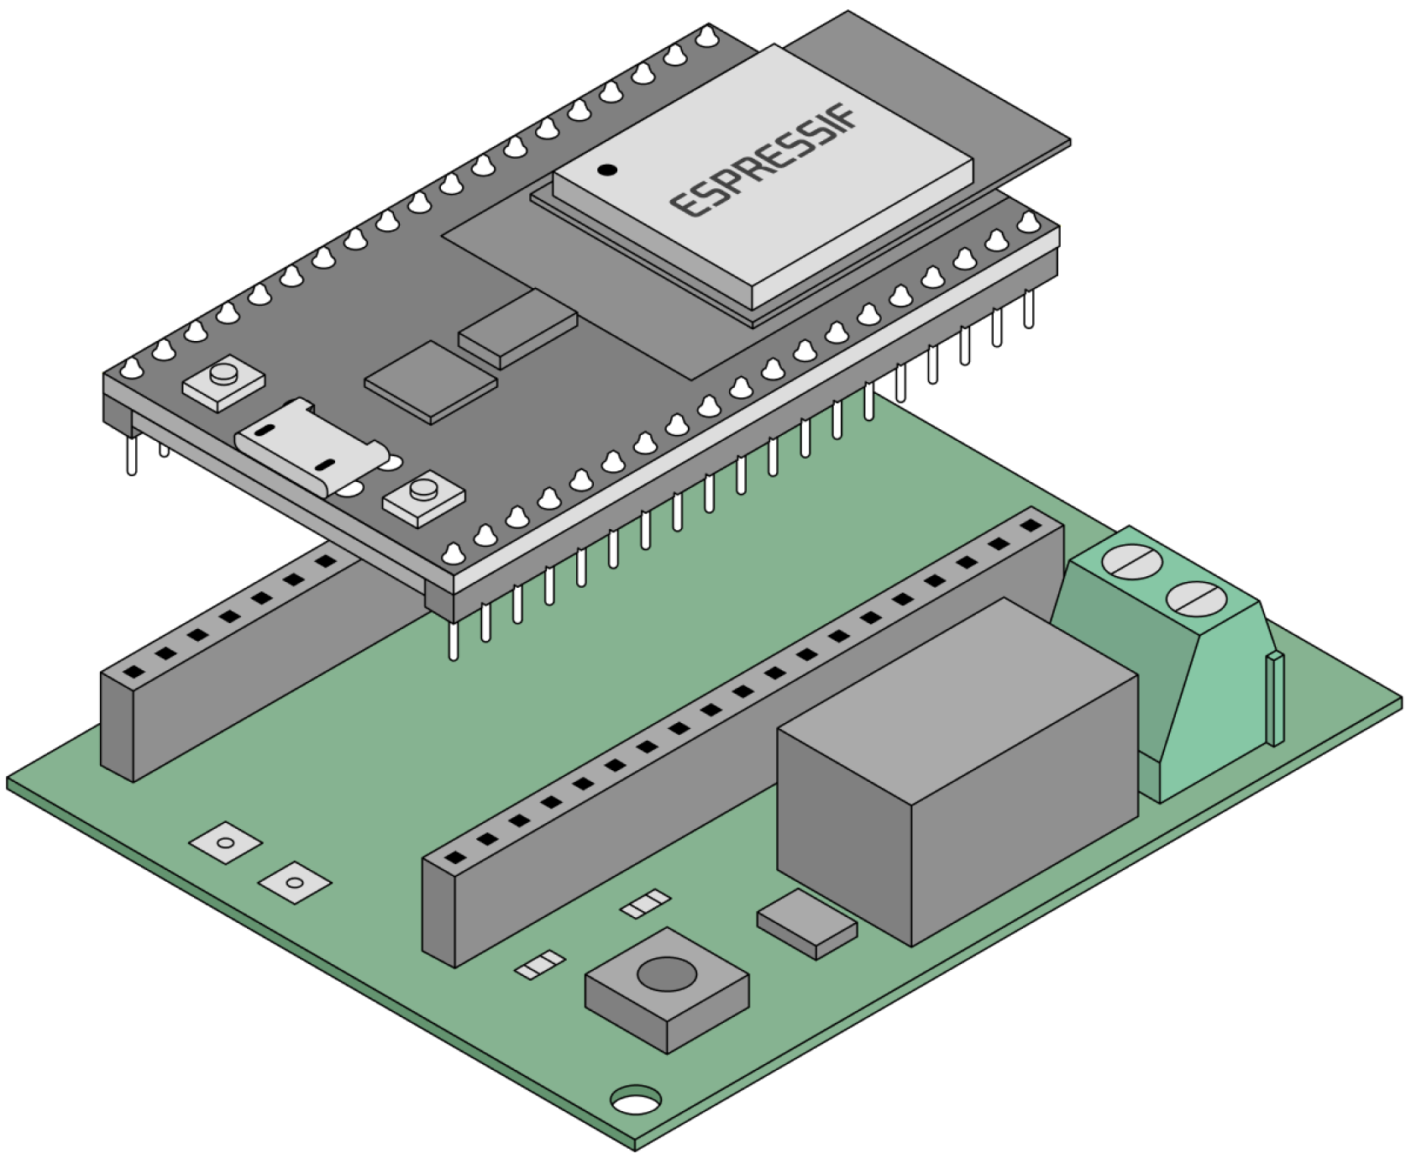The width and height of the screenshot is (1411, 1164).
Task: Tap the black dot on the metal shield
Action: pyautogui.click(x=607, y=170)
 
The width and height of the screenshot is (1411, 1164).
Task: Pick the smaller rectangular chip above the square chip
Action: pyautogui.click(x=518, y=328)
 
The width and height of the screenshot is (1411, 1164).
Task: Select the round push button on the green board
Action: pyautogui.click(x=667, y=974)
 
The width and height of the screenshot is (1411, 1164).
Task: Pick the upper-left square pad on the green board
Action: pyautogui.click(x=225, y=842)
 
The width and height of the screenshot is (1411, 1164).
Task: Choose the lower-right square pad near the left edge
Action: pyautogui.click(x=294, y=883)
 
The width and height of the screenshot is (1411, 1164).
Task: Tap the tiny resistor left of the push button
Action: pyautogui.click(x=539, y=965)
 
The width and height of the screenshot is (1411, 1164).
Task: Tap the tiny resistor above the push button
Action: pyautogui.click(x=645, y=904)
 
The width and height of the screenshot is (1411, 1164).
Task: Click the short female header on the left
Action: pyautogui.click(x=227, y=663)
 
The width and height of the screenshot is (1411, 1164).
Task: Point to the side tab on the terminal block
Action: pyautogui.click(x=1275, y=697)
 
